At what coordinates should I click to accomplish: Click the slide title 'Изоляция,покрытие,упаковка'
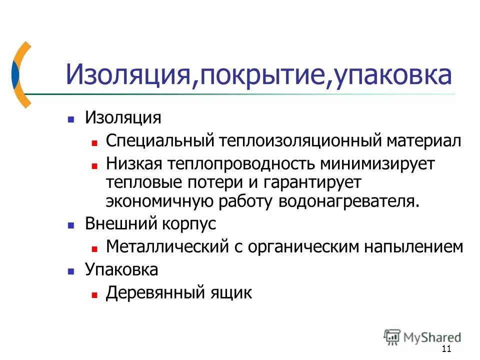(258, 75)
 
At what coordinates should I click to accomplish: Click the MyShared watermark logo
(422, 336)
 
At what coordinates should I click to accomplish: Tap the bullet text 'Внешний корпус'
(150, 223)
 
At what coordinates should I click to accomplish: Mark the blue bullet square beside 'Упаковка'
(71, 270)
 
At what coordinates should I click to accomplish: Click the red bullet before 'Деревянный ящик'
(94, 294)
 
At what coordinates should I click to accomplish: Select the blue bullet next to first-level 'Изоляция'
(71, 119)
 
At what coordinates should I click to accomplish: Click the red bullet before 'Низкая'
(94, 165)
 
